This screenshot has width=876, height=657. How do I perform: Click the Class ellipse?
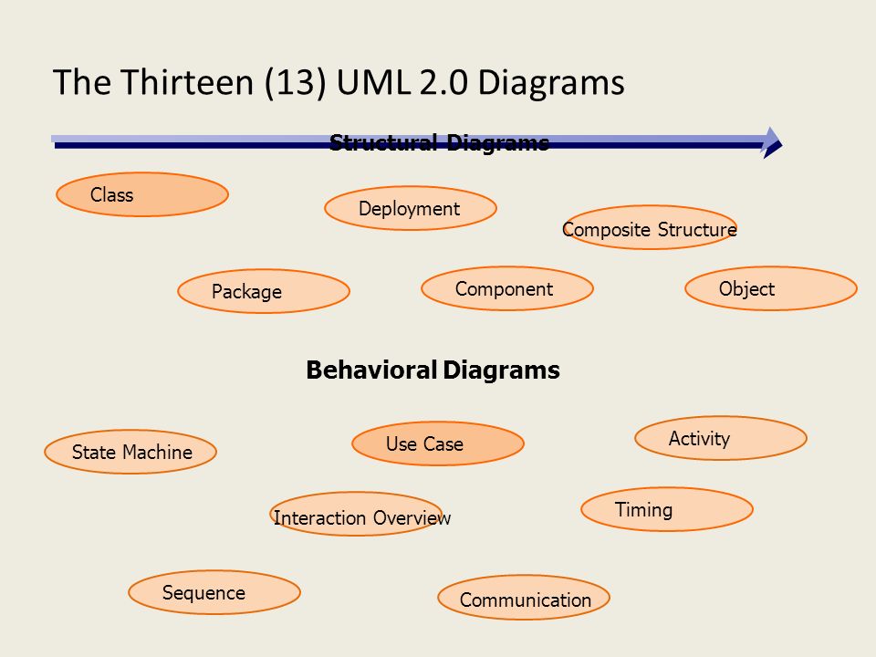tap(142, 194)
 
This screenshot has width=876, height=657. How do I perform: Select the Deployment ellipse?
tap(411, 208)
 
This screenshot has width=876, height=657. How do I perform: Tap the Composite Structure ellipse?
tap(650, 227)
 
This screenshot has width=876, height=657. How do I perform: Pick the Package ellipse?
tap(264, 291)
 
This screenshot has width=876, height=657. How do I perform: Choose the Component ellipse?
tap(507, 288)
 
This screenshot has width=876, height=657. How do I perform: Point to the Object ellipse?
tap(771, 288)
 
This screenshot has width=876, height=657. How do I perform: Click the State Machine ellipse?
tap(130, 452)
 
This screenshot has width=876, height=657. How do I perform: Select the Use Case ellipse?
tap(438, 443)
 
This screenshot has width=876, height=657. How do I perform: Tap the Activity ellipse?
tap(721, 438)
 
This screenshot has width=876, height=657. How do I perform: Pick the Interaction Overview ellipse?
tap(357, 514)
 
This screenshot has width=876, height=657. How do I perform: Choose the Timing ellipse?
tap(667, 509)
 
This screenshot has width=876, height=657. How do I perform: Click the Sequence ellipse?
tap(214, 592)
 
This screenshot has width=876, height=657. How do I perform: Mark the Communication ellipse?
tap(524, 597)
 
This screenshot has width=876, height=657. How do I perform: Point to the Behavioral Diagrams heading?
tap(433, 370)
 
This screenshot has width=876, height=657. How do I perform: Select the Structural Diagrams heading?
tap(439, 143)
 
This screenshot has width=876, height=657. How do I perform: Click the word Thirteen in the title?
tap(187, 82)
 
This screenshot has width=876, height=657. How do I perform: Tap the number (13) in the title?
tap(296, 83)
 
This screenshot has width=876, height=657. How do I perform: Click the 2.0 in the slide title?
tap(443, 83)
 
